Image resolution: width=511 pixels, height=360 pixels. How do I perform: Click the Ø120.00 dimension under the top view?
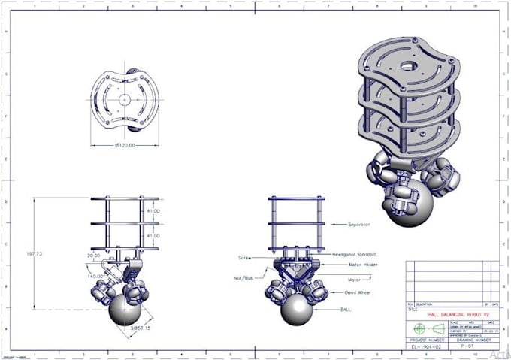click(x=125, y=146)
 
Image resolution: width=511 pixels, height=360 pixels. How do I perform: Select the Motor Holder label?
click(x=354, y=265)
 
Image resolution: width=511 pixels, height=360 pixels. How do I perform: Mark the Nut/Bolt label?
click(x=244, y=278)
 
